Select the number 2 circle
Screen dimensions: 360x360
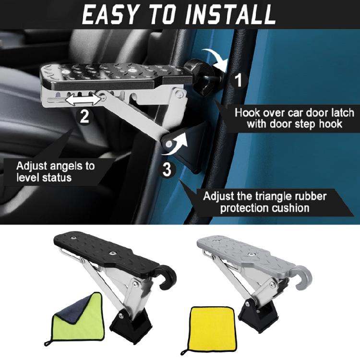coord(84,117)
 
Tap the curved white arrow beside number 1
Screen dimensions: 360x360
coord(215,58)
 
